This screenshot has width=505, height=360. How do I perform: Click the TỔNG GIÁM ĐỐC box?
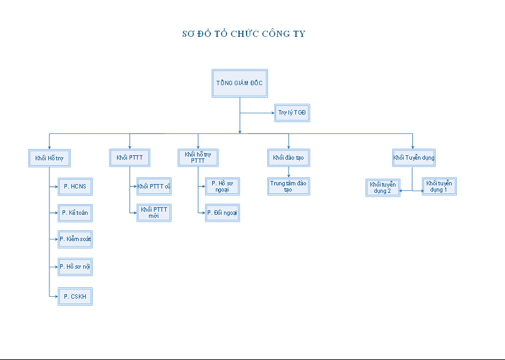click(240, 83)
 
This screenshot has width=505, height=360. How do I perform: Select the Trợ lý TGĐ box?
click(292, 113)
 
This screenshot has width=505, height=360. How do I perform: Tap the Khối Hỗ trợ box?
click(49, 158)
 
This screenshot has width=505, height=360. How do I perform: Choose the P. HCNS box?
click(75, 187)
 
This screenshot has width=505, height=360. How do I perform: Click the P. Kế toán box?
click(75, 213)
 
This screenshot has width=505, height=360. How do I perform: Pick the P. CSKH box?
click(75, 296)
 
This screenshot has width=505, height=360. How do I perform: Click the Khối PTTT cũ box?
click(154, 186)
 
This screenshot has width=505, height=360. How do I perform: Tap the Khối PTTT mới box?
click(154, 213)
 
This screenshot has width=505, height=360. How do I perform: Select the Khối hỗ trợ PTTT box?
click(198, 157)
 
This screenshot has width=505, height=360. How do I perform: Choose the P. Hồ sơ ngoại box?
click(222, 186)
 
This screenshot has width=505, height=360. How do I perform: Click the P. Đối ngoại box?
click(222, 213)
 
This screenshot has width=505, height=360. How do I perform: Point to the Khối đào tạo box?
click(288, 157)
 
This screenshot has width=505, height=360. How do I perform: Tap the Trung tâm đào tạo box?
click(288, 186)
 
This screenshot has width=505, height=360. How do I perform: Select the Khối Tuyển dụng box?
click(414, 157)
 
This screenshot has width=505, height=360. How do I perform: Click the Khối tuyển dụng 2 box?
click(383, 187)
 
